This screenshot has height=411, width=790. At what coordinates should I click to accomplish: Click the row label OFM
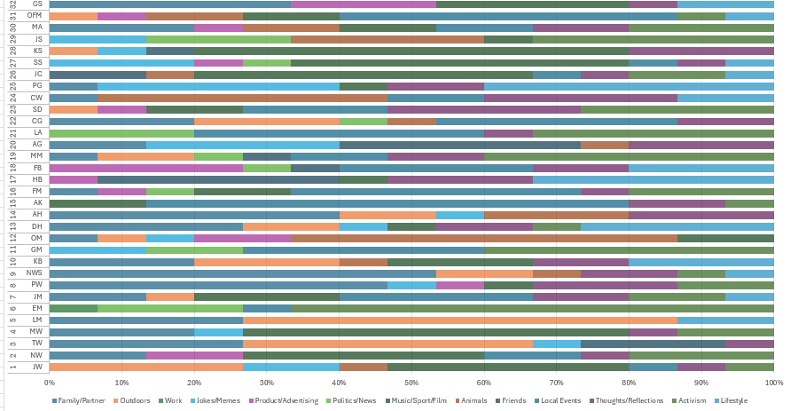(x=35, y=16)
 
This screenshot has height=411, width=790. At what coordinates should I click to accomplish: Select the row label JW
(x=35, y=366)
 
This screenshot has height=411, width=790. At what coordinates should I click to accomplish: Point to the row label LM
(x=35, y=319)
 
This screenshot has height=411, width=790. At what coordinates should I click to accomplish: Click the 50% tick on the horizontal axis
(x=411, y=383)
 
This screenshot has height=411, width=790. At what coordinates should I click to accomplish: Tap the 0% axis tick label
(x=50, y=383)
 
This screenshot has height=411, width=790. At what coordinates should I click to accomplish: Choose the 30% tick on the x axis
(x=267, y=383)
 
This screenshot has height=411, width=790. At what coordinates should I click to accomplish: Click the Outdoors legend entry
(x=131, y=401)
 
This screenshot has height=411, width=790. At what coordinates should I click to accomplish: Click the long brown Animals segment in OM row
(x=483, y=238)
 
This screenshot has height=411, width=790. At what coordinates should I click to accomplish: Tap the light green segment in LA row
(x=121, y=132)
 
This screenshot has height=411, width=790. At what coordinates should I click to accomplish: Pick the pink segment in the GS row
(x=364, y=4)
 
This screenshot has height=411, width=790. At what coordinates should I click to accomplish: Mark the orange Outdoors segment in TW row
(x=387, y=342)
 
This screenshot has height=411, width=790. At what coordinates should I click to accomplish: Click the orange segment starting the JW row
(x=146, y=366)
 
